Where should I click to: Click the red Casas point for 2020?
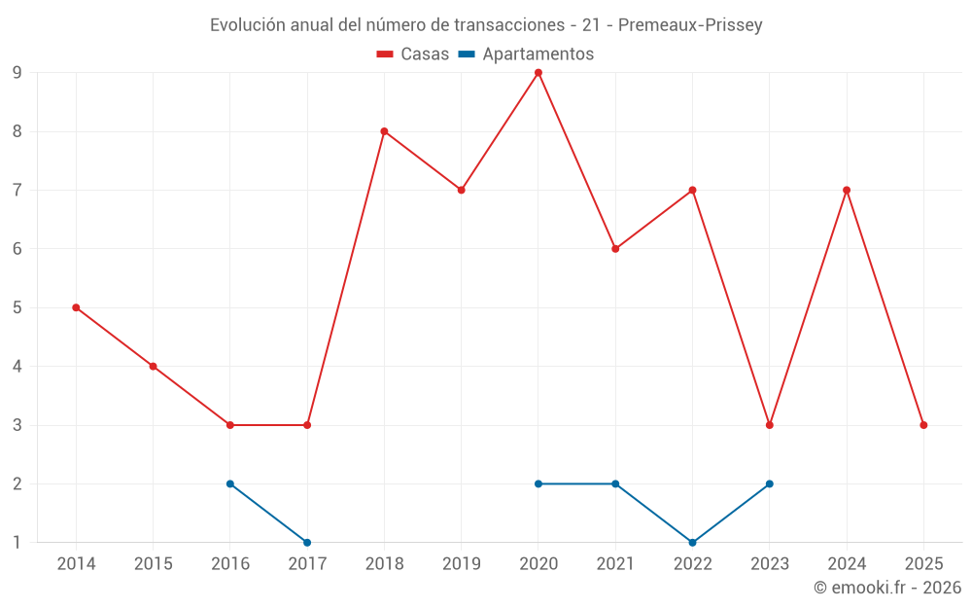(538, 73)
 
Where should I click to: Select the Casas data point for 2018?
(384, 131)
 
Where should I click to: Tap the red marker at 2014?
(76, 307)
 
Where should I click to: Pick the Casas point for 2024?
(847, 190)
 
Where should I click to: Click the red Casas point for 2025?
(923, 425)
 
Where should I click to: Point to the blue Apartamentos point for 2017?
(307, 542)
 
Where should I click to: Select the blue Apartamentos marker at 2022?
(692, 542)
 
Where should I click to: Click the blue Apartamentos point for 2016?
(230, 483)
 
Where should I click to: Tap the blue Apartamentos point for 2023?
(769, 483)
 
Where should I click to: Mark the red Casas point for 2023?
(769, 425)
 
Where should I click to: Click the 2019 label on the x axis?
(461, 563)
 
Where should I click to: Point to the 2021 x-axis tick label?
(615, 563)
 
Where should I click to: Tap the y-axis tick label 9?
(17, 73)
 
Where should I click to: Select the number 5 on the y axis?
(17, 307)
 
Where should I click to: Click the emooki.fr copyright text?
(887, 588)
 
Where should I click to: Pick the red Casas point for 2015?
(153, 366)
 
